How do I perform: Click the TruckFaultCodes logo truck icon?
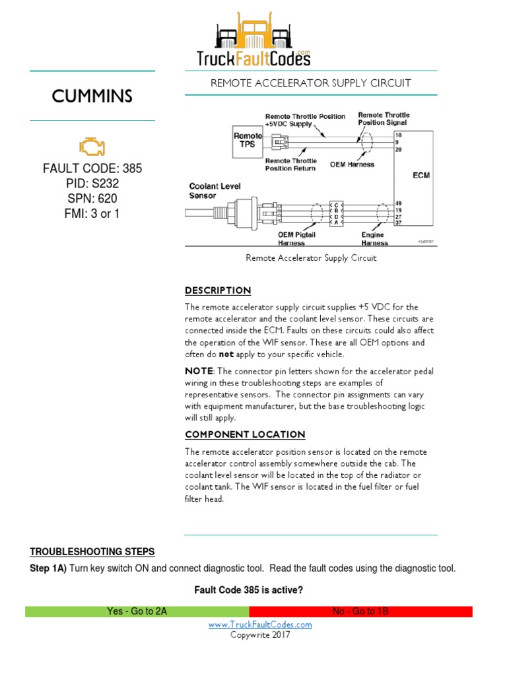(x=253, y=33)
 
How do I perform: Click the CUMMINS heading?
(x=92, y=96)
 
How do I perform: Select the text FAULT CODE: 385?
(x=92, y=168)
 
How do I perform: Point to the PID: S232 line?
(x=92, y=184)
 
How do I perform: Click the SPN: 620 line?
(x=92, y=199)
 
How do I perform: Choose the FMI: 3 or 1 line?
(x=92, y=214)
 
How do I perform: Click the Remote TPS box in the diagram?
(x=248, y=141)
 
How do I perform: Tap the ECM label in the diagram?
(x=413, y=176)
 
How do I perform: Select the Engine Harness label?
(x=374, y=238)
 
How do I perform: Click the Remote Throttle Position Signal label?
(x=383, y=118)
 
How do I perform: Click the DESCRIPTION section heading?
(x=218, y=290)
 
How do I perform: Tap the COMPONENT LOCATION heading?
(x=245, y=434)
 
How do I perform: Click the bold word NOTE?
(x=199, y=371)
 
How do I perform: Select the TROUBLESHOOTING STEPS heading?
(x=92, y=552)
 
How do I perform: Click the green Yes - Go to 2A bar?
(x=137, y=611)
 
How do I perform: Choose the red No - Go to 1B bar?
(x=360, y=611)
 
